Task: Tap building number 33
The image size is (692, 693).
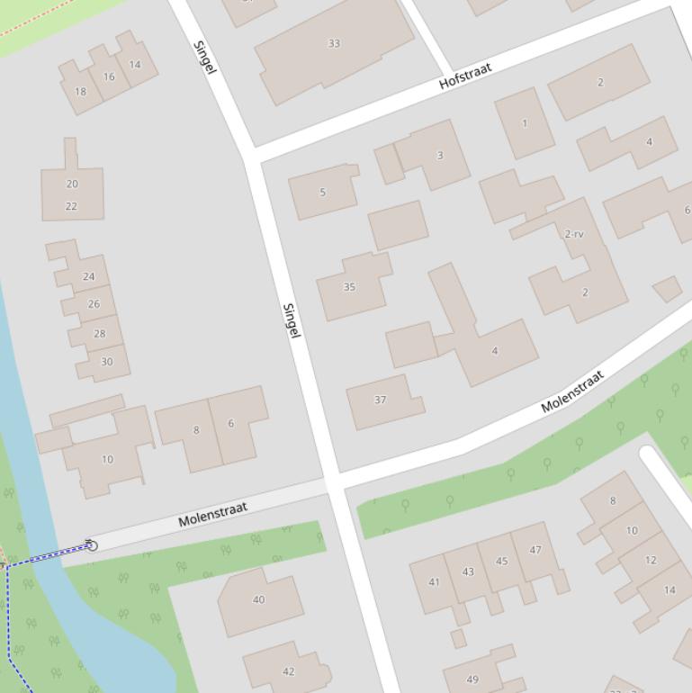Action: [334, 43]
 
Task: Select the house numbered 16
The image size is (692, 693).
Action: [109, 76]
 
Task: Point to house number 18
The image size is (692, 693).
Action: [81, 91]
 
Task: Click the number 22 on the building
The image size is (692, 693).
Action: [72, 206]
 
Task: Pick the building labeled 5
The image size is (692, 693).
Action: [323, 192]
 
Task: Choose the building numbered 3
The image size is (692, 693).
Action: [440, 155]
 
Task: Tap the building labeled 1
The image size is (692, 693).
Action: [525, 123]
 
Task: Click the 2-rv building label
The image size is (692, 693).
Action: [574, 234]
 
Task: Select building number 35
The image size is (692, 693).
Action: [349, 287]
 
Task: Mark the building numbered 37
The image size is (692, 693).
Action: [380, 400]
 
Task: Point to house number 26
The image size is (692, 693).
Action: [94, 304]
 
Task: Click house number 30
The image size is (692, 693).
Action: [107, 362]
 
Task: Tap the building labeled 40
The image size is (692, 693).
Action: [259, 599]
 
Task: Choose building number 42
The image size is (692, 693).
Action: [289, 671]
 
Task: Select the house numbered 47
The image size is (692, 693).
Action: [535, 550]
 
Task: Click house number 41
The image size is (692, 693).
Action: [434, 582]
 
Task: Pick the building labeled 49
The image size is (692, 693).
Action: [472, 679]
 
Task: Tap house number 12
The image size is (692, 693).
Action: [651, 560]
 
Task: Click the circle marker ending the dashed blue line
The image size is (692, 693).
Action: [91, 545]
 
